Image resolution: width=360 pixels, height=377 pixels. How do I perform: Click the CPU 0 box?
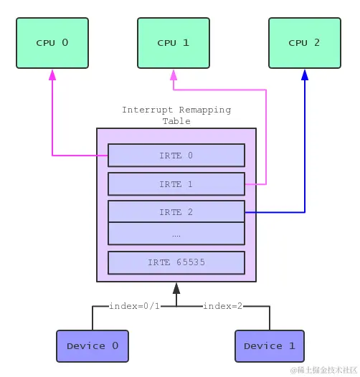[52, 42]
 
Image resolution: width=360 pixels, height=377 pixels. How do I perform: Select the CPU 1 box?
[173, 42]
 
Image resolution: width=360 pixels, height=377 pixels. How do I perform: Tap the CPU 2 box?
[304, 42]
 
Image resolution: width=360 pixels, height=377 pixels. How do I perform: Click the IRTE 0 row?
[176, 156]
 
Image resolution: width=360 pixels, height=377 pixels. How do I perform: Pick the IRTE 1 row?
[176, 184]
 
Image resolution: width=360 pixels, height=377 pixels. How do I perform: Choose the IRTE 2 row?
[176, 212]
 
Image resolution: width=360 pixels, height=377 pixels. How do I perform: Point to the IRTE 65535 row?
[176, 262]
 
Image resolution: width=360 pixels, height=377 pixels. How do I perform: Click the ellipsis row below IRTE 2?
[176, 234]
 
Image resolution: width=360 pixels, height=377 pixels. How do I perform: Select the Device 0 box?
[92, 346]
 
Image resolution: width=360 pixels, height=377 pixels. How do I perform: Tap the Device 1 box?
[269, 346]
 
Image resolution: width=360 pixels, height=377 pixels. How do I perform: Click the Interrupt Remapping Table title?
[176, 115]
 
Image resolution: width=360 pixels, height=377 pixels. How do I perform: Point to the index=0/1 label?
[135, 306]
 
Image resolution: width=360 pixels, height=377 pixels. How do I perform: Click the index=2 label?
[222, 306]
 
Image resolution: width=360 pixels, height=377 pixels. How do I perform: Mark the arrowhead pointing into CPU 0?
[52, 74]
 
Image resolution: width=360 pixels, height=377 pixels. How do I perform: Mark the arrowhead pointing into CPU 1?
[173, 74]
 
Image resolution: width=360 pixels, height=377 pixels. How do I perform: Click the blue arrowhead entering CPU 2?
[304, 74]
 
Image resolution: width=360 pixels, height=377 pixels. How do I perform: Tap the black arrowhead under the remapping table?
[176, 287]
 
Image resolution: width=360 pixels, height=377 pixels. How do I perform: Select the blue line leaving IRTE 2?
[276, 212]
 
